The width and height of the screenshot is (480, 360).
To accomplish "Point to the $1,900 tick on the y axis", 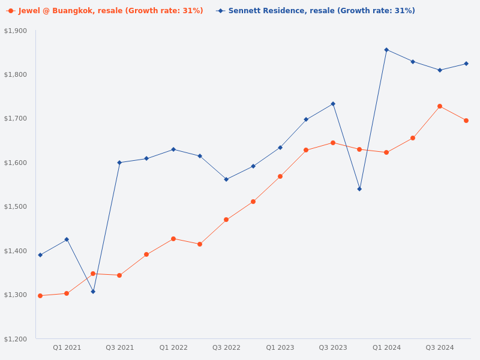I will [x=16, y=31].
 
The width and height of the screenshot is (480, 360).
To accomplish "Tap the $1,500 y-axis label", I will [x=16, y=206].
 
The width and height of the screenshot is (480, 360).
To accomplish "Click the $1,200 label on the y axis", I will [x=16, y=339].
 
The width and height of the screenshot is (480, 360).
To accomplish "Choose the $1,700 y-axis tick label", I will [x=16, y=118].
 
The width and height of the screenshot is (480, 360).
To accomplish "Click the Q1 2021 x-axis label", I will [x=67, y=347].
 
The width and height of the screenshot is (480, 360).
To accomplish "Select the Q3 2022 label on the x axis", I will [x=226, y=347].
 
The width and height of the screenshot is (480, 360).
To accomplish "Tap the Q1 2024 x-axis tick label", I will [x=386, y=347].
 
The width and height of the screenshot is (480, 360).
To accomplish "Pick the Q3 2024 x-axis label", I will [x=440, y=347].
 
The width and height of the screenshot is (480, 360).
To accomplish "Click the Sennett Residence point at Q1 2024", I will [x=386, y=50].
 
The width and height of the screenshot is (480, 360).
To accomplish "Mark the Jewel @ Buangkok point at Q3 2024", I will [x=440, y=106].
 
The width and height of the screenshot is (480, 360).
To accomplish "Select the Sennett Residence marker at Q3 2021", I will [x=119, y=163].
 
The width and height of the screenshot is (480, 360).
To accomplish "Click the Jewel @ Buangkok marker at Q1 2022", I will [x=173, y=239].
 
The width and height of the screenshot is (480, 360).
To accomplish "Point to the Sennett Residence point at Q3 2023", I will [x=333, y=104].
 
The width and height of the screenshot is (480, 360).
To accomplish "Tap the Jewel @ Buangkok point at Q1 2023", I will [x=280, y=176].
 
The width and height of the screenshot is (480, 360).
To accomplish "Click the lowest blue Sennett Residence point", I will [x=93, y=292].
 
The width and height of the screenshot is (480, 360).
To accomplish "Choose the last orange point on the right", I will [x=466, y=121].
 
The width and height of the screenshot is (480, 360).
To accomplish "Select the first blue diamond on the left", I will [x=40, y=255].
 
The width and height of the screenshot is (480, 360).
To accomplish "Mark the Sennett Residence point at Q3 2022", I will [x=226, y=179].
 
